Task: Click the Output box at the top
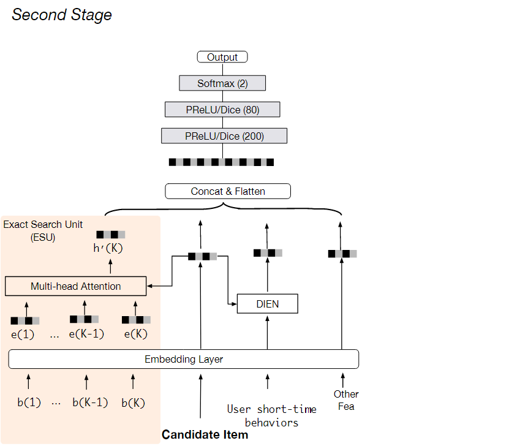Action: point(222,57)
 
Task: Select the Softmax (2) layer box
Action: point(222,83)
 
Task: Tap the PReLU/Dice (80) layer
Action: point(222,110)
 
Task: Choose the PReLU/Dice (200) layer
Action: point(224,136)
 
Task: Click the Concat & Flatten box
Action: point(228,191)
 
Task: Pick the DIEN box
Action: point(267,304)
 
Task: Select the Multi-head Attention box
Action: point(76,286)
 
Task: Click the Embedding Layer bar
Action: point(184,359)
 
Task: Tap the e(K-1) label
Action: point(86,334)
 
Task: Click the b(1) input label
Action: point(29,403)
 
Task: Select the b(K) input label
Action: point(134,403)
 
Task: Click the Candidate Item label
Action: point(205,435)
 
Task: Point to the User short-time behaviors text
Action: point(271,415)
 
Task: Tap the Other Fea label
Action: point(346,400)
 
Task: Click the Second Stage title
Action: point(62,15)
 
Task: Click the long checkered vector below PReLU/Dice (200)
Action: point(221,162)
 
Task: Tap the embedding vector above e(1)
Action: point(25,320)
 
